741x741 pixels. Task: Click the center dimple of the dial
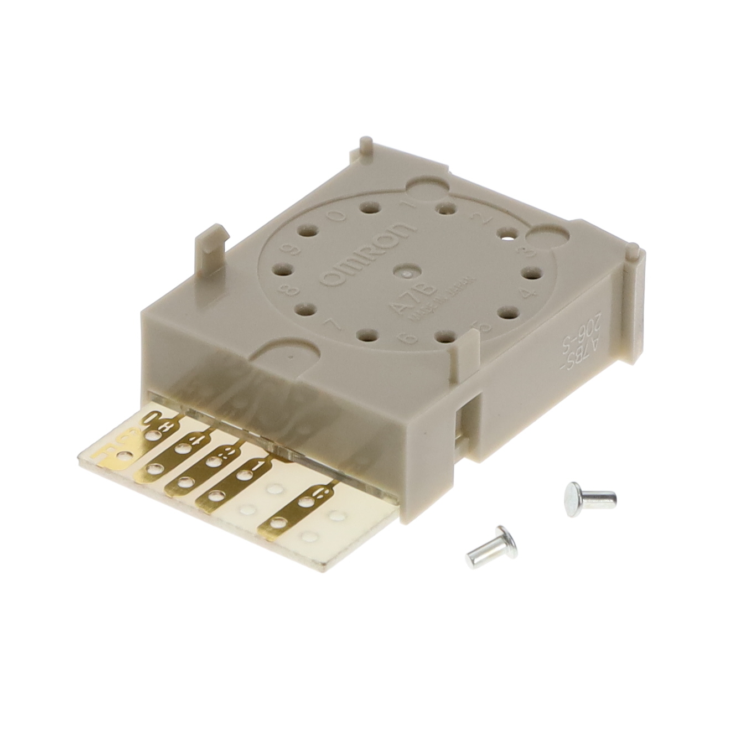pos(407,271)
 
